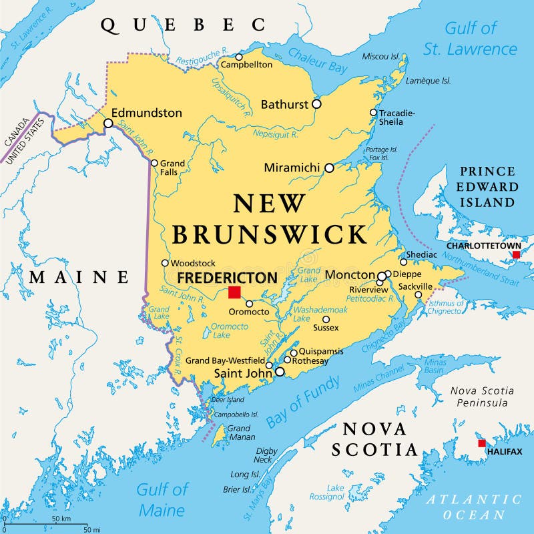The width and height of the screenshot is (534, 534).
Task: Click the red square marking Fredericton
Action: click(234, 292)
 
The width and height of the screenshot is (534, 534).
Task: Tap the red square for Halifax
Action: click(482, 443)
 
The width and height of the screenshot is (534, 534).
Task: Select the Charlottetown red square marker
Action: click(516, 254)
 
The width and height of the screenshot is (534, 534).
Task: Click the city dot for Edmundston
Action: click(108, 123)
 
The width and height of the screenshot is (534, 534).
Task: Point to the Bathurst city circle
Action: click(316, 104)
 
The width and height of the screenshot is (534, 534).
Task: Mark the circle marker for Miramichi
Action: click(329, 168)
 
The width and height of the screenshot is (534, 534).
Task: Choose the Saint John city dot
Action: click(280, 372)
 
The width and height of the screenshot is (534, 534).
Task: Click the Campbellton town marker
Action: click(239, 57)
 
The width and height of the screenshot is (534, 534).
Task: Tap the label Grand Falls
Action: click(172, 167)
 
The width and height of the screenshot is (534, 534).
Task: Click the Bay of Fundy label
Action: click(303, 402)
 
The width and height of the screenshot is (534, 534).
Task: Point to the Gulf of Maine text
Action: click(162, 500)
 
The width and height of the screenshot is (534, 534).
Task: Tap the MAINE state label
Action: click(79, 276)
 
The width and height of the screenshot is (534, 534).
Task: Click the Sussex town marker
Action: click(326, 319)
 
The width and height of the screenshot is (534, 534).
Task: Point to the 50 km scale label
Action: click(61, 519)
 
